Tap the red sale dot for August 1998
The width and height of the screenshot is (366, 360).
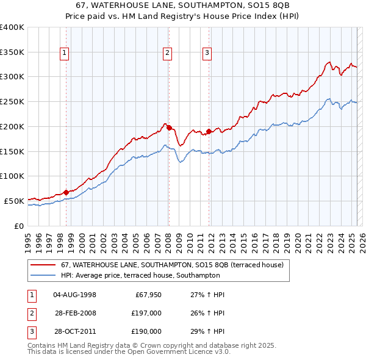pyautogui.click(x=66, y=192)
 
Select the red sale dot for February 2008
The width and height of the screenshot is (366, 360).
pyautogui.click(x=169, y=128)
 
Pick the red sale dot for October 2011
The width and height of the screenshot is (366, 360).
pyautogui.click(x=209, y=131)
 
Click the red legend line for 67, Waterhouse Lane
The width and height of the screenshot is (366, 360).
pyautogui.click(x=43, y=265)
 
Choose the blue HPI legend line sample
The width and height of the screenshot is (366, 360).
pyautogui.click(x=43, y=276)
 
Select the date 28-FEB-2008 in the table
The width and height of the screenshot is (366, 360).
pyautogui.click(x=76, y=313)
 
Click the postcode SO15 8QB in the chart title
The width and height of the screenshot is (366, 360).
pyautogui.click(x=264, y=6)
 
